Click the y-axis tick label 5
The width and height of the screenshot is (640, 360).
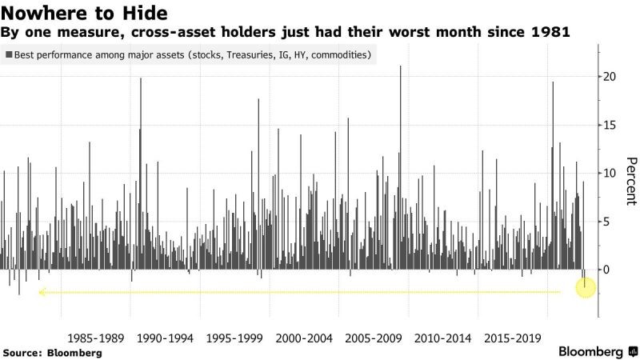tap(607, 222)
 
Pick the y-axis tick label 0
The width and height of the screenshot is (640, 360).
tap(607, 270)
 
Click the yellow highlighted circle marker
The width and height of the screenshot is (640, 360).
tap(585, 286)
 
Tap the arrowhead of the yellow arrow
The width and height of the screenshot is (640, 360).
tap(41, 293)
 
